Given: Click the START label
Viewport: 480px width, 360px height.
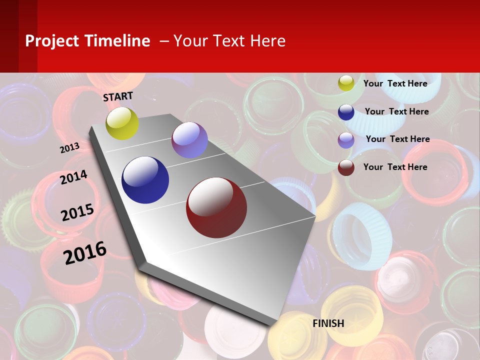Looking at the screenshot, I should (x=118, y=96).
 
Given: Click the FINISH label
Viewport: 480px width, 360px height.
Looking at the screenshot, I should (x=328, y=323).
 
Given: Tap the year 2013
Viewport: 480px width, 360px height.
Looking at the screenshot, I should (x=70, y=147).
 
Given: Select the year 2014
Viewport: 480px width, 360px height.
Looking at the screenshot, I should (x=73, y=177).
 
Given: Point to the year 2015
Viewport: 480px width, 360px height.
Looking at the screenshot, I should (x=77, y=212).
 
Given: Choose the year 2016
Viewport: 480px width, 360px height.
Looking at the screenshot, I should (x=85, y=252).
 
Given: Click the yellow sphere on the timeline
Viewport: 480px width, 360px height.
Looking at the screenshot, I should (x=122, y=123).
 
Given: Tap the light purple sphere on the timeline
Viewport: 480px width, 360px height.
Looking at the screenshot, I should (x=189, y=140).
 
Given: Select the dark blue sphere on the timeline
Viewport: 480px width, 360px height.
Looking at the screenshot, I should (x=145, y=180).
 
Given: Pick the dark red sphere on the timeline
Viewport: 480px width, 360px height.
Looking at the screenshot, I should (x=216, y=207).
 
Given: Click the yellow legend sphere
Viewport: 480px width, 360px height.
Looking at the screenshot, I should (x=346, y=83).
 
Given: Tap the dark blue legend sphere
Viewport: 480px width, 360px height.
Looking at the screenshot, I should (x=346, y=112).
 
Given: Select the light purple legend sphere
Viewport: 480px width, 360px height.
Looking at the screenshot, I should (x=346, y=139).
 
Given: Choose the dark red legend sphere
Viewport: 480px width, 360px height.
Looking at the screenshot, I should (x=346, y=167).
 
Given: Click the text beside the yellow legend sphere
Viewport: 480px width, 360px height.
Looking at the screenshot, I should (x=395, y=83).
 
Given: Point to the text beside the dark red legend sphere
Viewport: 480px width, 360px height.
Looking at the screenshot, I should (x=395, y=167).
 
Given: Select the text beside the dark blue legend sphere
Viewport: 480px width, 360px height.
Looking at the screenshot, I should (x=396, y=111).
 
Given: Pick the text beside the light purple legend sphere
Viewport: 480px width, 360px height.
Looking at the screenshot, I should (x=397, y=139).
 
